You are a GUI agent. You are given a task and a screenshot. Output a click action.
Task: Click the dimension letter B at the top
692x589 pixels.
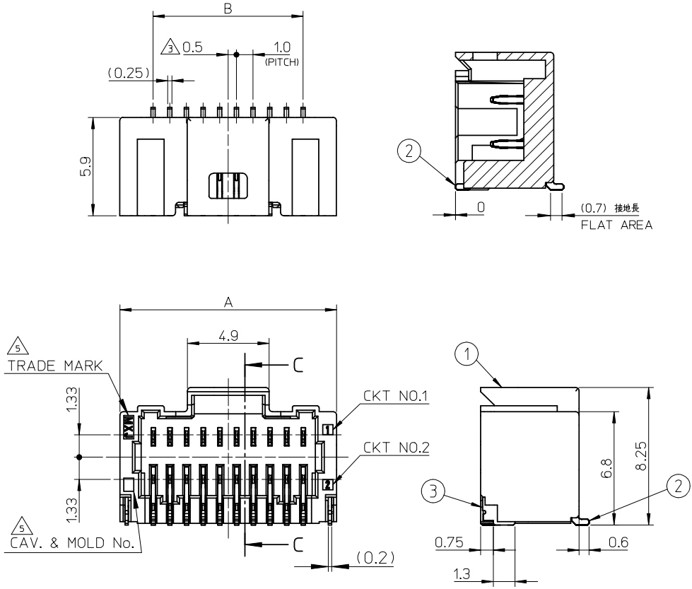pos(228,8)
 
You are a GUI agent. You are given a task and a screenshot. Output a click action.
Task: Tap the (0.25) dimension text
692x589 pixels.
pos(128,73)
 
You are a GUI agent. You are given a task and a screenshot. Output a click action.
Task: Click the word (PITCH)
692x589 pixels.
pos(282,62)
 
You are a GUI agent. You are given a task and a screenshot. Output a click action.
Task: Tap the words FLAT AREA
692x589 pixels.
pos(616,226)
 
